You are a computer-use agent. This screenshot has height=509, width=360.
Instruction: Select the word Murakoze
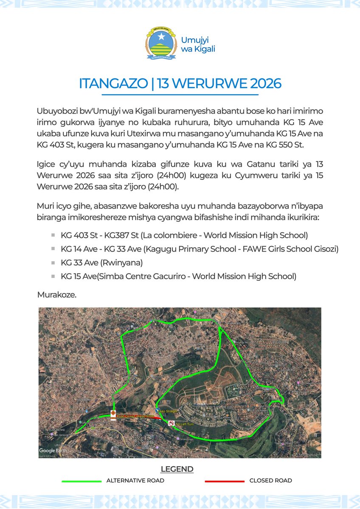point(57,294)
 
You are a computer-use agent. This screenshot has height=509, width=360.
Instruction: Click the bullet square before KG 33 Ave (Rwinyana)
point(53,263)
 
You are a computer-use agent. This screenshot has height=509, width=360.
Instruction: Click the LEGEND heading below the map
point(177,469)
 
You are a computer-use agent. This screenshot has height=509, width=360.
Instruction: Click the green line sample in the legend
point(82,481)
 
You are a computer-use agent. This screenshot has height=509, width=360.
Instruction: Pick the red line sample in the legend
point(225,481)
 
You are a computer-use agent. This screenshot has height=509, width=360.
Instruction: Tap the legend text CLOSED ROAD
point(270,481)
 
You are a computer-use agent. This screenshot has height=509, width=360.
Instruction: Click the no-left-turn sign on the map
point(171,423)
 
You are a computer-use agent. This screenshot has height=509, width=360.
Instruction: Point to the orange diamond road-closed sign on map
point(113,413)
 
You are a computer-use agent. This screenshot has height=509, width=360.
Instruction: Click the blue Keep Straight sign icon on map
point(157,411)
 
